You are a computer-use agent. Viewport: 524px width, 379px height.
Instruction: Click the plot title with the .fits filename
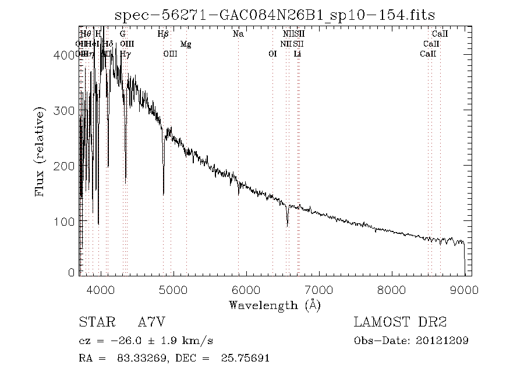tap(274, 14)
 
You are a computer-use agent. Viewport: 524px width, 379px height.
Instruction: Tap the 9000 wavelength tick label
tap(463, 289)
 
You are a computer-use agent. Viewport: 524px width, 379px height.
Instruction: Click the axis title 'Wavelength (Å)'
tap(274, 304)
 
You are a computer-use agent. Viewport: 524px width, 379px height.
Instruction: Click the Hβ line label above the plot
tap(164, 34)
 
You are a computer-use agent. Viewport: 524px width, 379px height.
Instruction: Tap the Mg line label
tap(186, 44)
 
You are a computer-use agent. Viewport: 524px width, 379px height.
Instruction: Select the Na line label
tap(238, 34)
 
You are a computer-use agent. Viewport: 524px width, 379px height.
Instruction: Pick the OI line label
tap(272, 54)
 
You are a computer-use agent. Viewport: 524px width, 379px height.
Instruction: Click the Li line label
tap(298, 54)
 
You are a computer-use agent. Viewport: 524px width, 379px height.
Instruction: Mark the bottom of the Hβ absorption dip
tap(164, 194)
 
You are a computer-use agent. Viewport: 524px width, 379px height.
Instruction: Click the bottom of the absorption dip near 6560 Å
tap(287, 225)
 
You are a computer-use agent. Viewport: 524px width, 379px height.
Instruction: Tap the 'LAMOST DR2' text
tap(399, 322)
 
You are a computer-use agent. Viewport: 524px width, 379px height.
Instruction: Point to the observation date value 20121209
tap(443, 341)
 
